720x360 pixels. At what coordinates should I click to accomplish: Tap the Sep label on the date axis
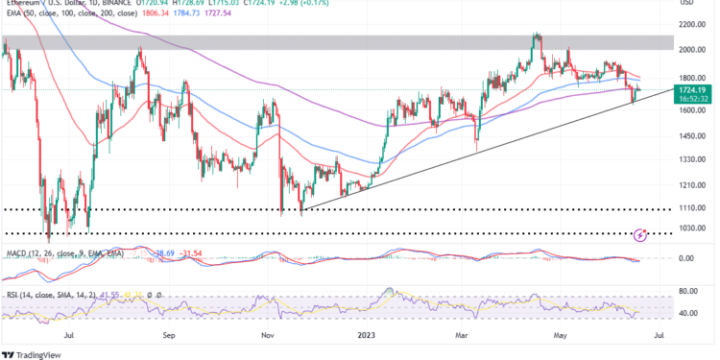[x=169, y=337]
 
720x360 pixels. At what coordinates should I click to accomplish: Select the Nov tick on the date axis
[x=269, y=337]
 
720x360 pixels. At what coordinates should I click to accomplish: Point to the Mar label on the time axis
[x=463, y=337]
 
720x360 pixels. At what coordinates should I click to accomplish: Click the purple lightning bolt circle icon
[x=641, y=234]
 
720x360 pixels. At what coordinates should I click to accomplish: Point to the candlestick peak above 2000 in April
[x=537, y=36]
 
